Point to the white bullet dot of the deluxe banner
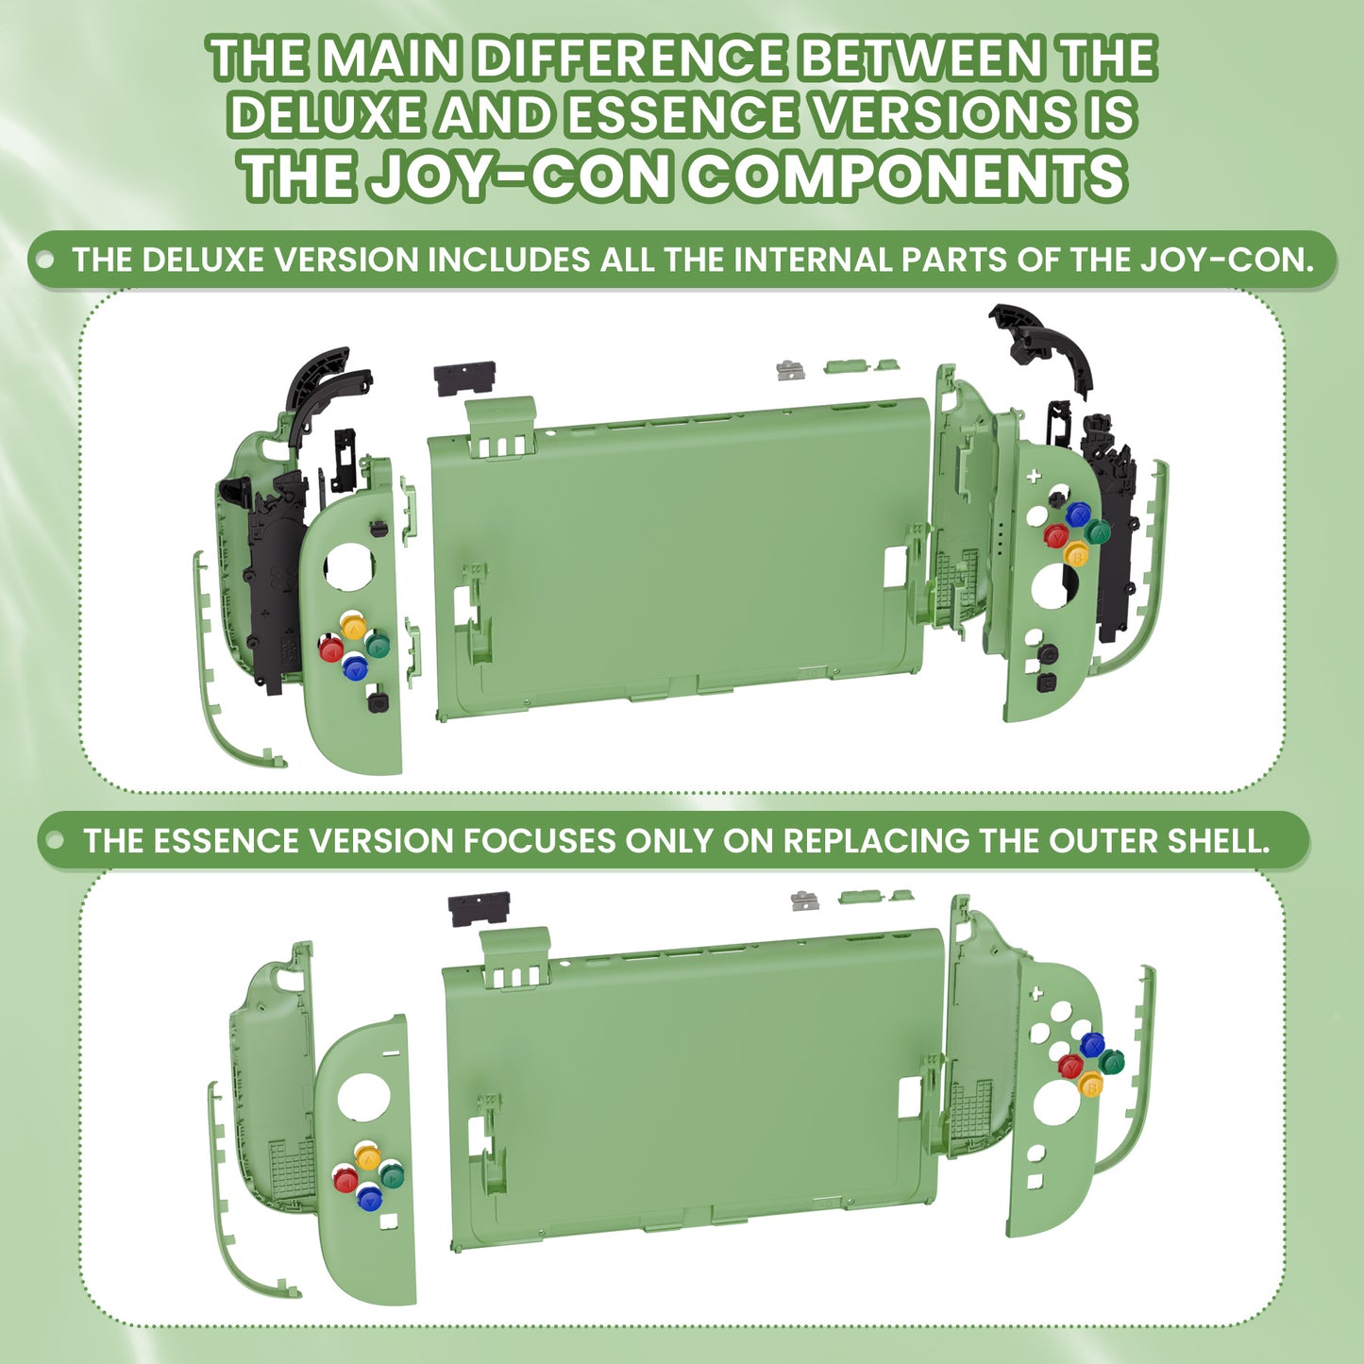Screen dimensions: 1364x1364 coord(45,260)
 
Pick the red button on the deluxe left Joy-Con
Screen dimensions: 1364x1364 coord(330,648)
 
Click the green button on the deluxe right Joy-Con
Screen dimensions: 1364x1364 coord(1097,530)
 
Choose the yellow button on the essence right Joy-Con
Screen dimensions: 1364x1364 coord(1091,1083)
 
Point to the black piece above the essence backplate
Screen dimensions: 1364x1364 coord(479,909)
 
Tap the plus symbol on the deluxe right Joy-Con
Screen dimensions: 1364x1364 coord(1034,476)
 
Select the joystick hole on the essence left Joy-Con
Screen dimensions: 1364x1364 coord(363,1103)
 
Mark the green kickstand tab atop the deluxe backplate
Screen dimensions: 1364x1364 coord(499,428)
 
